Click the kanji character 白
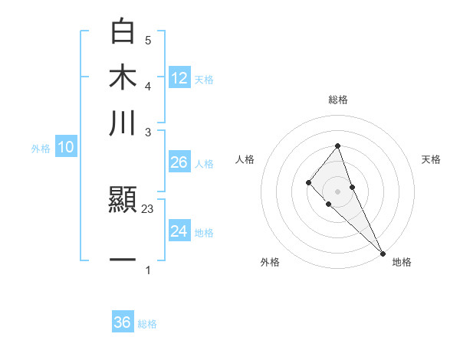tap(123, 32)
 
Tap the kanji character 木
tap(123, 77)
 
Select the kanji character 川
tap(123, 123)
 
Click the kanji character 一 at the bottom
tap(123, 259)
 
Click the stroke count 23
tap(148, 209)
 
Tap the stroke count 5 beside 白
tap(148, 40)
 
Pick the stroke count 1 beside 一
tap(148, 270)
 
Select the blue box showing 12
tap(179, 78)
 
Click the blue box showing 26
tap(179, 162)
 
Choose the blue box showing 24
tap(179, 231)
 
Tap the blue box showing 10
tap(66, 148)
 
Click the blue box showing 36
tap(123, 322)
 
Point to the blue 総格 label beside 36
tap(147, 324)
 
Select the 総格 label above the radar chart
tap(337, 100)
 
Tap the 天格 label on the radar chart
tap(431, 159)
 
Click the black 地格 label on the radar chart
tap(402, 262)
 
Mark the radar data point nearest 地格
tap(383, 253)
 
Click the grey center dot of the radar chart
tap(337, 191)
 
